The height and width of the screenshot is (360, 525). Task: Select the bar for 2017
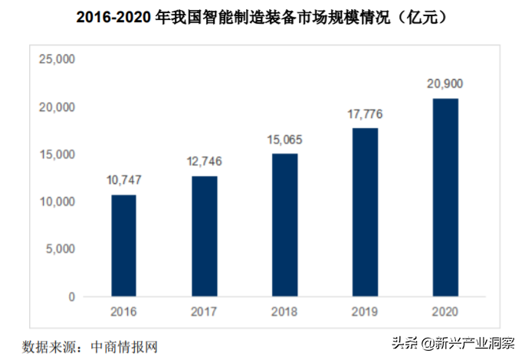(x=204, y=237)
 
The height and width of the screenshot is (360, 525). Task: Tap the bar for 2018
(x=284, y=225)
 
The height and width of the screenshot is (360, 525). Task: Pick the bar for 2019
(x=365, y=212)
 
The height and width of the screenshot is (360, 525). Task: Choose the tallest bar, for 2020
(x=445, y=198)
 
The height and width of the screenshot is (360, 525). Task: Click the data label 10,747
(x=123, y=181)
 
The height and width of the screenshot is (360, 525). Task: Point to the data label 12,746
(x=204, y=162)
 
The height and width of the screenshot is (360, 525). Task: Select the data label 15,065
(x=284, y=139)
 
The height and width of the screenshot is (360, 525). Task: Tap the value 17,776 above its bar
(x=365, y=114)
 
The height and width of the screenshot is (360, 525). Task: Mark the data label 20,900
(x=445, y=83)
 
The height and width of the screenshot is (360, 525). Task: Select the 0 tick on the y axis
(x=70, y=296)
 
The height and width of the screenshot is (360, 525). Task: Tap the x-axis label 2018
(x=284, y=313)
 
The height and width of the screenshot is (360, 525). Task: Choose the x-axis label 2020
(x=445, y=313)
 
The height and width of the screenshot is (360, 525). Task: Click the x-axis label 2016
(x=123, y=313)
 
